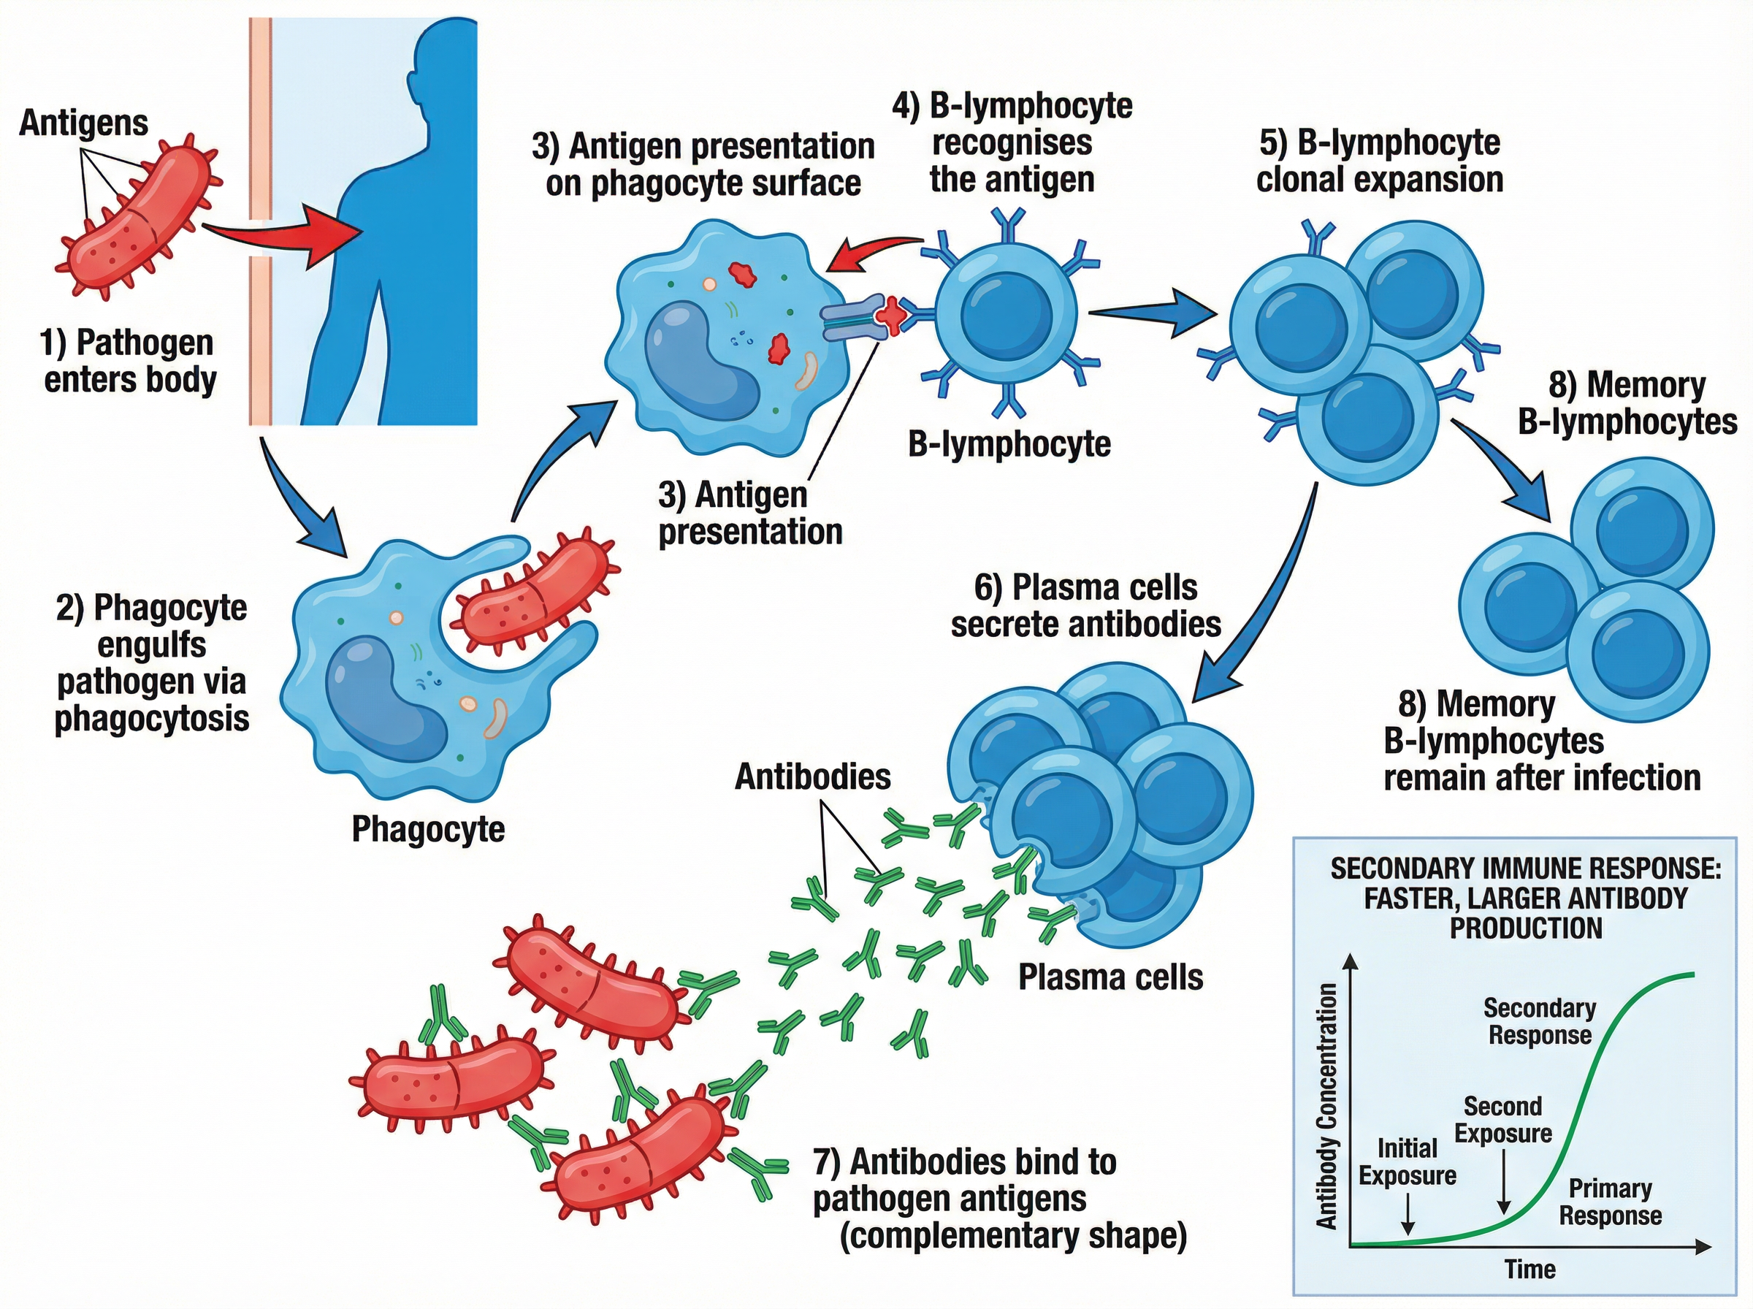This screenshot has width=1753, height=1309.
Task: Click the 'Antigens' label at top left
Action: [x=83, y=123]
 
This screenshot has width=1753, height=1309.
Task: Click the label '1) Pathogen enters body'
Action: [x=129, y=362]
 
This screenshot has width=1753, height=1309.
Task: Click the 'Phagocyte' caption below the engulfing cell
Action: [x=428, y=829]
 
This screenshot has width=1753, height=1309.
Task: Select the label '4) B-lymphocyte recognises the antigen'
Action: [x=1012, y=142]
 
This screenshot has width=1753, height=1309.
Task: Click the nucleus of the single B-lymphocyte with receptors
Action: [x=1005, y=312]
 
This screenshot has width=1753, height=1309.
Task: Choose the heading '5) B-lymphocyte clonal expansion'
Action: [x=1379, y=161]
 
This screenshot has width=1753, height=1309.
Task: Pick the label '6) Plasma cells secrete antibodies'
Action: [x=1085, y=606]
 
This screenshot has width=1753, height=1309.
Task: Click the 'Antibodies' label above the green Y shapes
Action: [x=813, y=776]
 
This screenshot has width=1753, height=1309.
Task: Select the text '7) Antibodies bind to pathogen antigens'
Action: [x=965, y=1180]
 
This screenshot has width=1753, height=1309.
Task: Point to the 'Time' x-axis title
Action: [x=1529, y=1270]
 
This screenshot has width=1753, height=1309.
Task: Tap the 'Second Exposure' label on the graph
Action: [x=1502, y=1120]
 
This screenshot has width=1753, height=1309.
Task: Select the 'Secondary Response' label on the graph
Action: [x=1539, y=1021]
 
